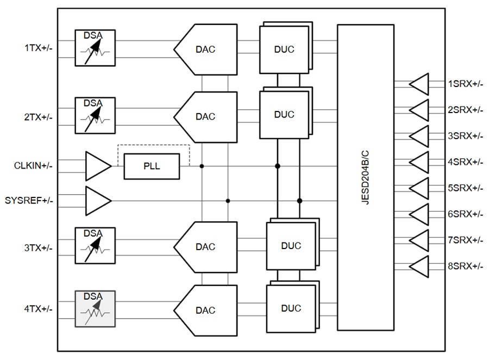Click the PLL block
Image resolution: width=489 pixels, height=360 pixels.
(152, 166)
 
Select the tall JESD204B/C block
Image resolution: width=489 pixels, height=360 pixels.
(365, 177)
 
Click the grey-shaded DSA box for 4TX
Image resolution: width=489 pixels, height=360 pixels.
(95, 309)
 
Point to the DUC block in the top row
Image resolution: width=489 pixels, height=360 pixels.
(284, 49)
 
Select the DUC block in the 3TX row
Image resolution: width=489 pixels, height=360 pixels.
(291, 246)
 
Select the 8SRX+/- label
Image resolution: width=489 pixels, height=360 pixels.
(465, 266)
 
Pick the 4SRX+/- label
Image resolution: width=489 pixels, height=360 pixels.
(465, 162)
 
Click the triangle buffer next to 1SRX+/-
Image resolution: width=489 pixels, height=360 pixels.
(419, 84)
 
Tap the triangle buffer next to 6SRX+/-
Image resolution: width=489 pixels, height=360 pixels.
(419, 214)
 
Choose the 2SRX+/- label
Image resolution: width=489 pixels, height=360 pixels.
(465, 110)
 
